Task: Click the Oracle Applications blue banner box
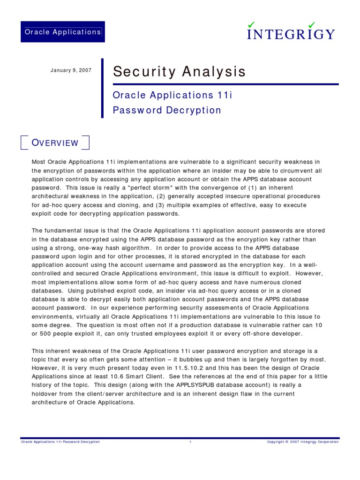[63, 32]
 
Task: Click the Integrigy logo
[291, 31]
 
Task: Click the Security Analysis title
[179, 72]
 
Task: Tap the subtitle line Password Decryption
[167, 111]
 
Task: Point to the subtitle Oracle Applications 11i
[172, 95]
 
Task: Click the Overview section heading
[55, 143]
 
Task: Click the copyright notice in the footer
[302, 442]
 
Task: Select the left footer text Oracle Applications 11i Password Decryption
[60, 442]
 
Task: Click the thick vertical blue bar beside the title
[102, 88]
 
